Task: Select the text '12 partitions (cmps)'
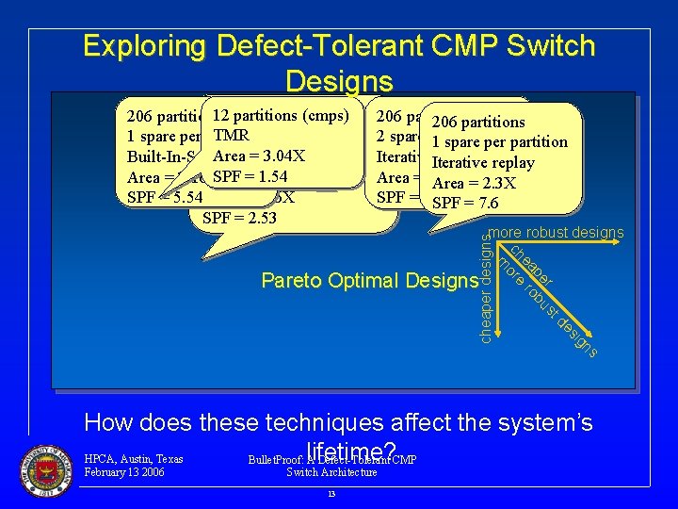[281, 116]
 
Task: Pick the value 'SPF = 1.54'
[250, 176]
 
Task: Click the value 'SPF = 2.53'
[236, 219]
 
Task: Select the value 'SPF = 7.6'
[464, 204]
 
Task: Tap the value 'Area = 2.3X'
[474, 183]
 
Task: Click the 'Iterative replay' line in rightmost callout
[482, 162]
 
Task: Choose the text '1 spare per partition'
[498, 142]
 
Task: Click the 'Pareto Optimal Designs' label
[369, 280]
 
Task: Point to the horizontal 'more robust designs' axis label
[556, 233]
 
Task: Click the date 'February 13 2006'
[124, 472]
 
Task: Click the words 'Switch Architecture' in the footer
[331, 472]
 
